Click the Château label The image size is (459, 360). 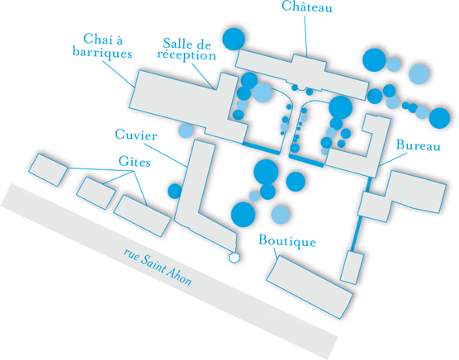[307, 7]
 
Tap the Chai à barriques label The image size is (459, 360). [102, 46]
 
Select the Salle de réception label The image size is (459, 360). [187, 50]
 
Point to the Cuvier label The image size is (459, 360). [136, 135]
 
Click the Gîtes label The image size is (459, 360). [135, 161]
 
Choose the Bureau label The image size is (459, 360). [418, 144]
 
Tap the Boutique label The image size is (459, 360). [287, 241]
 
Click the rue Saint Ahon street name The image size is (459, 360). [158, 268]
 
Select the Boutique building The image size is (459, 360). [310, 287]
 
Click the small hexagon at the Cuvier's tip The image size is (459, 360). [234, 258]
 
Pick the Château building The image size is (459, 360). [302, 74]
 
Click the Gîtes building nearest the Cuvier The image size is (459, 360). [142, 216]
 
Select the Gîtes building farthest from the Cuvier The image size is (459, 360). [48, 170]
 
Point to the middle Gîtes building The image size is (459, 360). [96, 193]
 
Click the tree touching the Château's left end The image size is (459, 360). [234, 39]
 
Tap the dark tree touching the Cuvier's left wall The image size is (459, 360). [175, 191]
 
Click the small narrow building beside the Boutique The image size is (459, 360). [352, 268]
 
